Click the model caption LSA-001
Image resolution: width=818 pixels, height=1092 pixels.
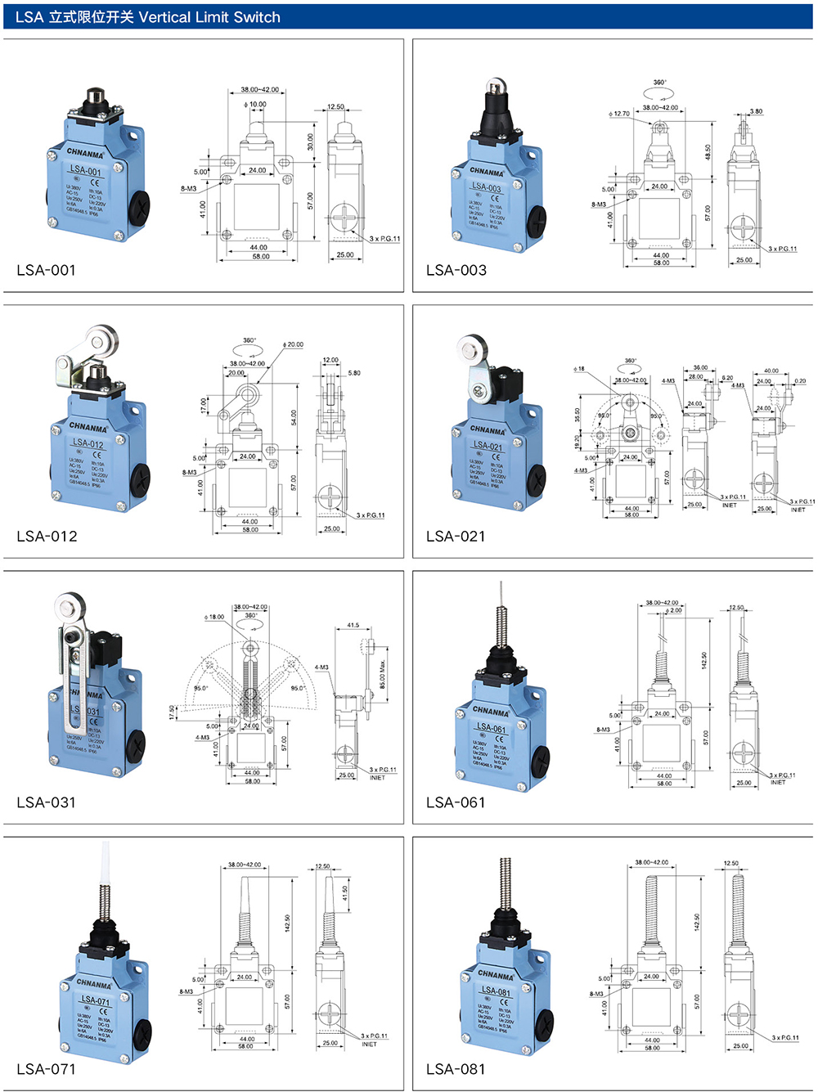[46, 270]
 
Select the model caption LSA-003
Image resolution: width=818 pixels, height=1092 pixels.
[456, 270]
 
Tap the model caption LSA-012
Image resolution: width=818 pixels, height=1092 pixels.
[47, 536]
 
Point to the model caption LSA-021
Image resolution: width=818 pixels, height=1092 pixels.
[456, 536]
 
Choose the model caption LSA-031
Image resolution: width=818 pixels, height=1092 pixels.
[46, 802]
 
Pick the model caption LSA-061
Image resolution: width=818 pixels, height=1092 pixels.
[456, 802]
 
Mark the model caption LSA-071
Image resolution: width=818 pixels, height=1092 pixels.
[46, 1068]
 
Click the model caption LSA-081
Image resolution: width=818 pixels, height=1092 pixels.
[456, 1068]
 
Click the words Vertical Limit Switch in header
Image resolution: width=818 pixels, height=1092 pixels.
[209, 17]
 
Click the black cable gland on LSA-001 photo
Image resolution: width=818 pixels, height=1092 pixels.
[140, 209]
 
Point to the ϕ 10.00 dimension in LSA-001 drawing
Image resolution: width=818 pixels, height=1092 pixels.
[255, 105]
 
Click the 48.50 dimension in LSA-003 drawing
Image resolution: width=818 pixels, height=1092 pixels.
[708, 152]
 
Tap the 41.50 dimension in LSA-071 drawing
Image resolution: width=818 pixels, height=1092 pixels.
[345, 892]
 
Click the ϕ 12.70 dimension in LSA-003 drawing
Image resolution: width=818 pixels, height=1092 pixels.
[619, 114]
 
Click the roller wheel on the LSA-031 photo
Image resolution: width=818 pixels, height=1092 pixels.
[70, 606]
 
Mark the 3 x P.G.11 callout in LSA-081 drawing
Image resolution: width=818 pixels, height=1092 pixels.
[785, 1037]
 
